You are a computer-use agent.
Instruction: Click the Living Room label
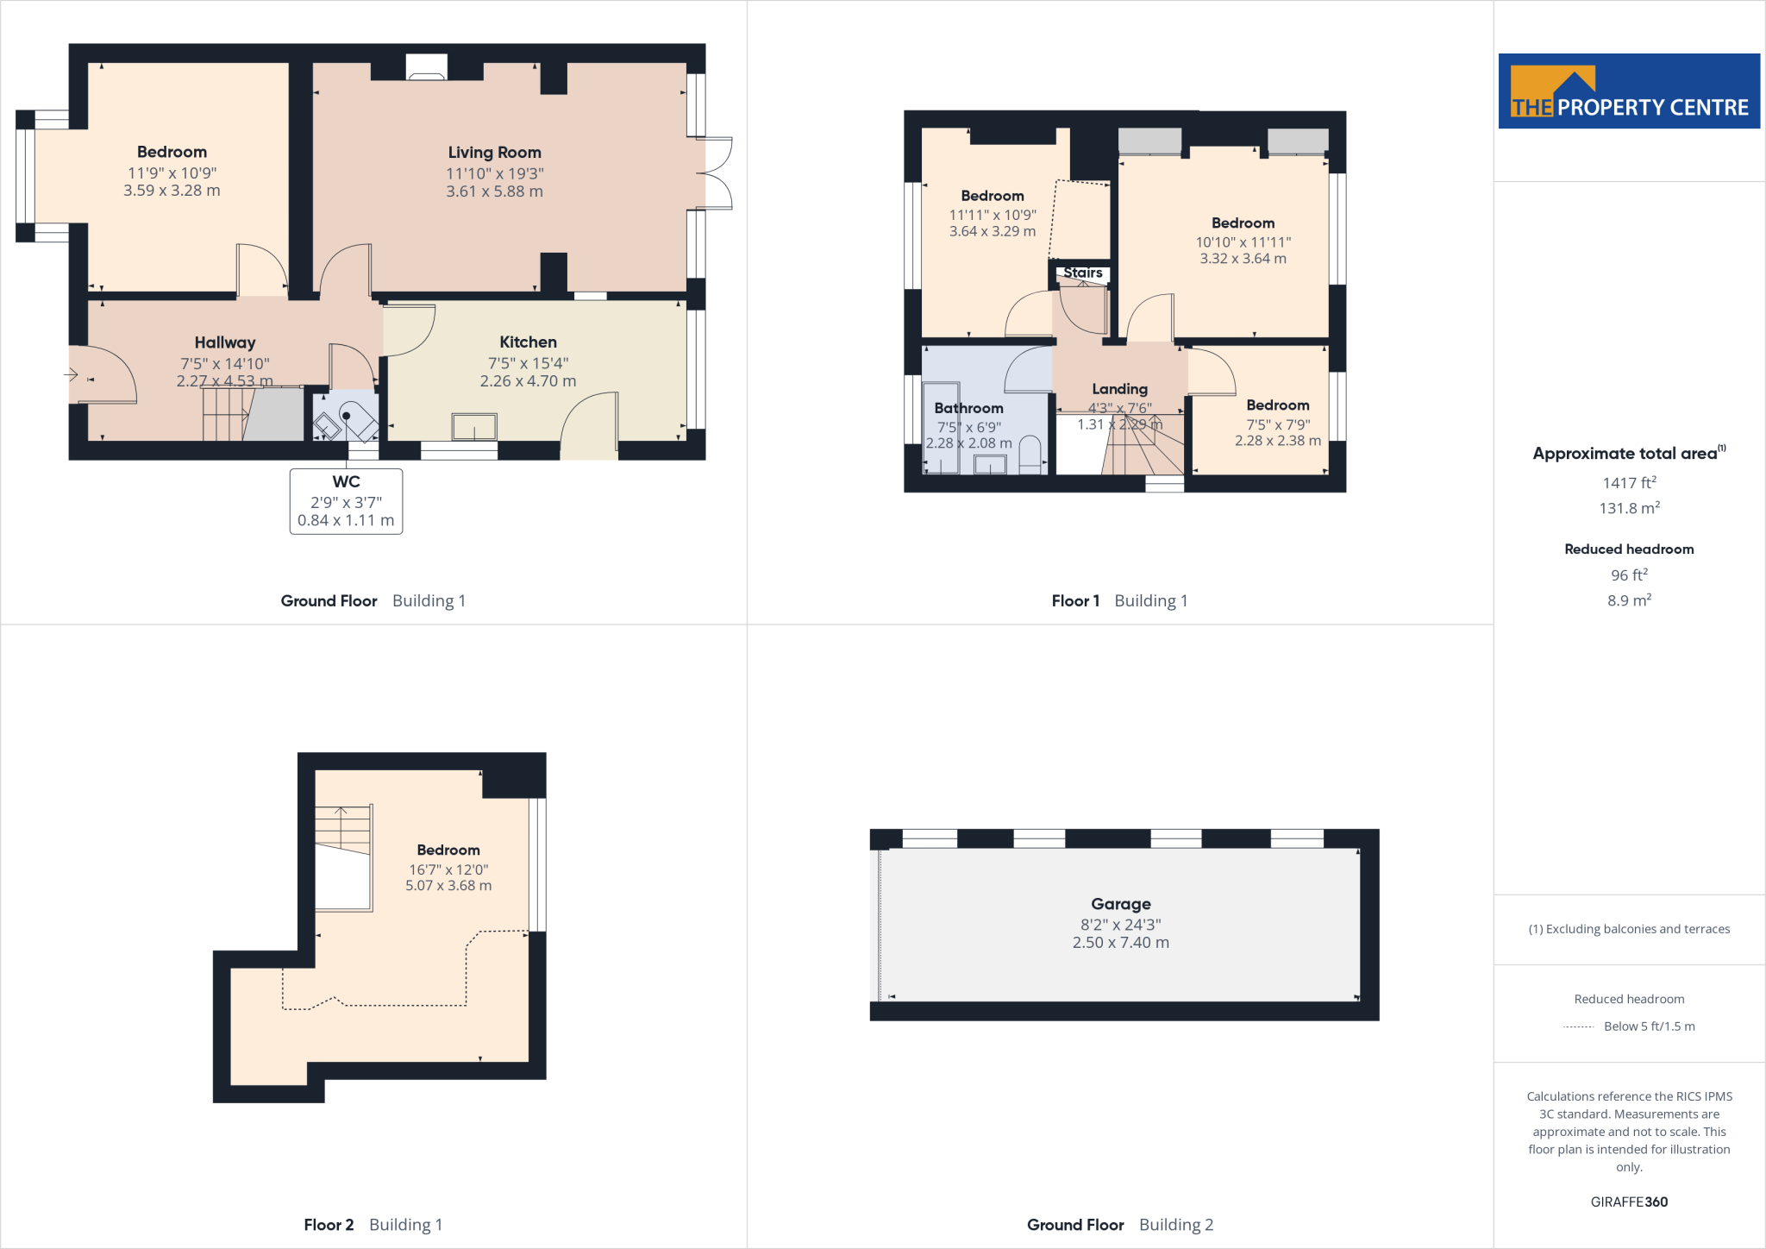pyautogui.click(x=494, y=153)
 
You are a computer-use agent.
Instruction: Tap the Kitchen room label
pyautogui.click(x=528, y=342)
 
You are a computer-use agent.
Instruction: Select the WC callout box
pyautogui.click(x=346, y=501)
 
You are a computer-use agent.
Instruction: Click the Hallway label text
pyautogui.click(x=224, y=342)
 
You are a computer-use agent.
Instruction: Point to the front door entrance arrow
pyautogui.click(x=72, y=374)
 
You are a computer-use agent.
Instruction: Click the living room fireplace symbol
pyautogui.click(x=426, y=68)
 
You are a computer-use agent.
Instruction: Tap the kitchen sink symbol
pyautogui.click(x=474, y=427)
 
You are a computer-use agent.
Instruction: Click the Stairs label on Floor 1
pyautogui.click(x=1083, y=273)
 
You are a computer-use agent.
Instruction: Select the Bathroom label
pyautogui.click(x=968, y=408)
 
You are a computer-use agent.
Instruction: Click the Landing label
pyautogui.click(x=1119, y=389)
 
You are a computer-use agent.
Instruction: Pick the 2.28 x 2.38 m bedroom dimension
pyautogui.click(x=1277, y=441)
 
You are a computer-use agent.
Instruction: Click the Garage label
pyautogui.click(x=1120, y=904)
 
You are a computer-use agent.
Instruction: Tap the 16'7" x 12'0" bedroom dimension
pyautogui.click(x=448, y=869)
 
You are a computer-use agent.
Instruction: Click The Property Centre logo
pyautogui.click(x=1629, y=91)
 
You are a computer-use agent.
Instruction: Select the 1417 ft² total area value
pyautogui.click(x=1629, y=483)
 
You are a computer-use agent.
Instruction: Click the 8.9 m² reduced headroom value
pyautogui.click(x=1629, y=600)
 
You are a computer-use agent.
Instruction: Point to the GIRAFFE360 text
pyautogui.click(x=1629, y=1202)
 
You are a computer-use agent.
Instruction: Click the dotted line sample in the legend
pyautogui.click(x=1578, y=1026)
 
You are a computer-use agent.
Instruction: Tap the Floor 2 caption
pyautogui.click(x=329, y=1225)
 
